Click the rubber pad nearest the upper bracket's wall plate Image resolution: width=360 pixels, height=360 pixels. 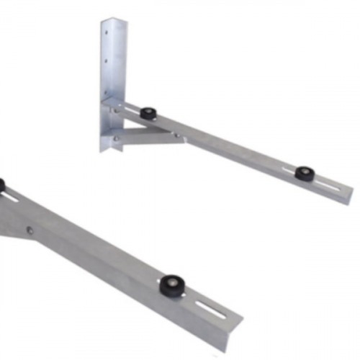(149, 113)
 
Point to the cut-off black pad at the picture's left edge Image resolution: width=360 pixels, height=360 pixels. (1, 185)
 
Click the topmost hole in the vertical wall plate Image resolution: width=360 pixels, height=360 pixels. (107, 32)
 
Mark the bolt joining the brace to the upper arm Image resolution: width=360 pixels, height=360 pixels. (174, 134)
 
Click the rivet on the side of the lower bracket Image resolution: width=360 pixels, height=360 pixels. (30, 230)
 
